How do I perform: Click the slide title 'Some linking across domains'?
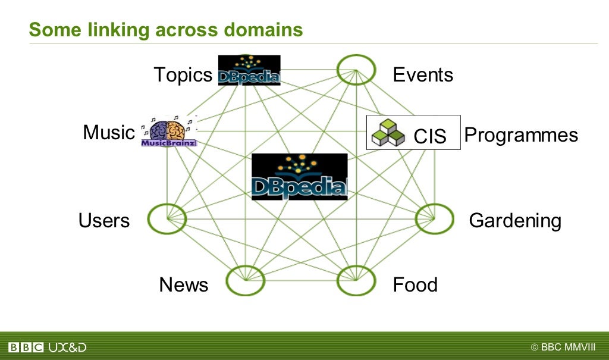click(x=166, y=29)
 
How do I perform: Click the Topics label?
click(x=183, y=75)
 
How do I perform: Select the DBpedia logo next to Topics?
click(x=249, y=70)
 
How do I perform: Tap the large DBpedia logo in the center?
click(x=299, y=177)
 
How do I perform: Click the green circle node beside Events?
click(x=356, y=70)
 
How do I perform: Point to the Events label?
click(x=423, y=75)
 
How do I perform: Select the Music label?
click(x=109, y=132)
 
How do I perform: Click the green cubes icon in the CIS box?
click(x=388, y=133)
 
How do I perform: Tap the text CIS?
click(x=429, y=137)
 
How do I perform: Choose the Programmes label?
click(x=521, y=135)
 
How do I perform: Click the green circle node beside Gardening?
click(x=434, y=219)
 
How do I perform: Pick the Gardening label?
click(x=515, y=221)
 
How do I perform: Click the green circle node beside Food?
click(x=356, y=280)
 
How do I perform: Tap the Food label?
click(x=415, y=285)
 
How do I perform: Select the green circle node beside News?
click(x=246, y=280)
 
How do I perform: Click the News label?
click(x=184, y=285)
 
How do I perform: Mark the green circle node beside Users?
click(x=167, y=219)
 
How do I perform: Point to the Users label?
click(x=104, y=221)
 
